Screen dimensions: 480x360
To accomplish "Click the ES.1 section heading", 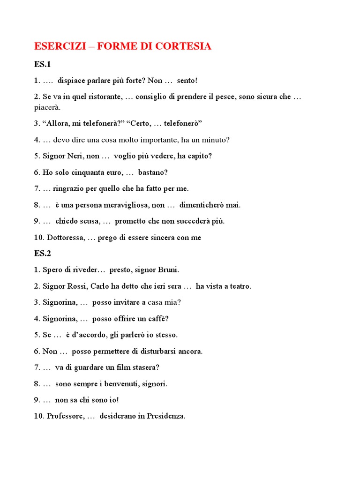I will (x=42, y=64).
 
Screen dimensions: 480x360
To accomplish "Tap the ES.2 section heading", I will (x=43, y=254).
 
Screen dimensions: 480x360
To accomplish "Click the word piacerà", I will (x=47, y=107).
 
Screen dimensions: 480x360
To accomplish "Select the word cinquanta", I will (x=80, y=172).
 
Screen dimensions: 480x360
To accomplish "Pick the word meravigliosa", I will (x=127, y=205).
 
